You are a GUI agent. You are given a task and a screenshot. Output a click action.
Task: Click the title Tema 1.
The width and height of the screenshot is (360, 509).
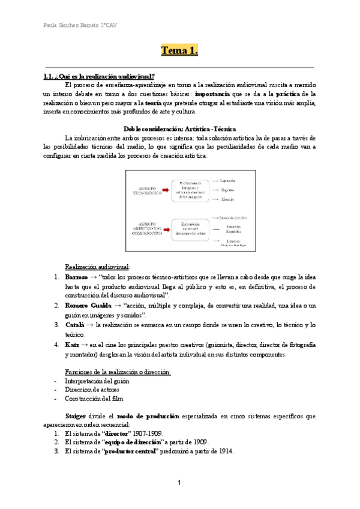pyautogui.click(x=179, y=50)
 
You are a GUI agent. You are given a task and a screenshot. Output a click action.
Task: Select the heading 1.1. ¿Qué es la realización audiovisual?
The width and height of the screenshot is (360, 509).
pyautogui.click(x=99, y=76)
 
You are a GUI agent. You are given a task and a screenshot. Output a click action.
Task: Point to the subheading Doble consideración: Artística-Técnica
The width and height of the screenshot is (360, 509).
pyautogui.click(x=179, y=129)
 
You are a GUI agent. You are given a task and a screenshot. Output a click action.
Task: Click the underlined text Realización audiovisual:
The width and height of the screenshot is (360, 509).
pyautogui.click(x=97, y=267)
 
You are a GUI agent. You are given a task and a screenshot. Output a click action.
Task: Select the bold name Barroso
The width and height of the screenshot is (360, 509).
pyautogui.click(x=76, y=277)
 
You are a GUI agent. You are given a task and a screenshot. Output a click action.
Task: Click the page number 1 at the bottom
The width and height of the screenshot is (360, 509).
pyautogui.click(x=179, y=483)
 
